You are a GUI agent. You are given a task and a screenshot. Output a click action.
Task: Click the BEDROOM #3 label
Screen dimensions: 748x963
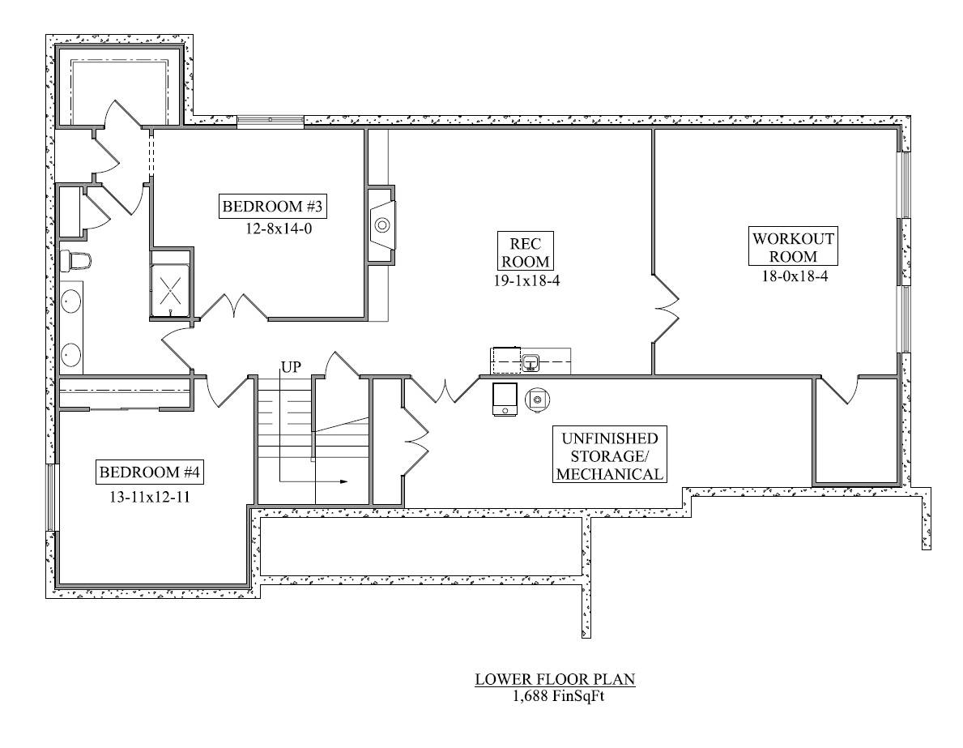coord(273,207)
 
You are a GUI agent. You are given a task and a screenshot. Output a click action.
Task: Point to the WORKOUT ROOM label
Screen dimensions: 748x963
coord(792,247)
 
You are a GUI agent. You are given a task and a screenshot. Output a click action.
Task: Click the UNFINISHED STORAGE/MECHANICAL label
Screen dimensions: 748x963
coord(610,455)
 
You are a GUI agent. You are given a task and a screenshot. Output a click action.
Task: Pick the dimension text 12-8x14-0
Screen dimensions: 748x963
coord(273,229)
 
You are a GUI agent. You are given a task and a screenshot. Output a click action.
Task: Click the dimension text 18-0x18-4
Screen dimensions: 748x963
coord(792,276)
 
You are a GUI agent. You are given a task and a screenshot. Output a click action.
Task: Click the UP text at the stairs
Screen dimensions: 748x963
coord(291,367)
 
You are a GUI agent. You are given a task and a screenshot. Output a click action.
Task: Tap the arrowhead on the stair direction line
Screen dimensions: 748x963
coord(343,481)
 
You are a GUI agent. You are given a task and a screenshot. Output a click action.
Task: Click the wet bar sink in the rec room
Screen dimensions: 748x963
coord(531,362)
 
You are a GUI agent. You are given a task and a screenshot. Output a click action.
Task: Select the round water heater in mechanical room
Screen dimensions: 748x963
coord(537,399)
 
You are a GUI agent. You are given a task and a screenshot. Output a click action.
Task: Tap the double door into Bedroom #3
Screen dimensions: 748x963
coord(233,308)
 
